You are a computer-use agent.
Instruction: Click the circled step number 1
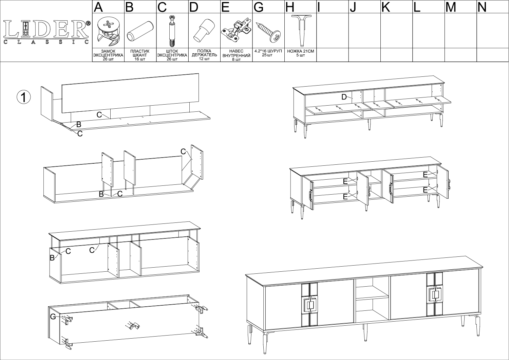click(x=24, y=97)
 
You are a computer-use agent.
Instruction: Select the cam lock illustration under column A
click(x=108, y=31)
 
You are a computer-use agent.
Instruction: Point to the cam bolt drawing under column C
click(x=172, y=31)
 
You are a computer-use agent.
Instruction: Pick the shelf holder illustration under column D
click(x=204, y=30)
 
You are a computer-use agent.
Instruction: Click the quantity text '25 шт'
click(x=268, y=55)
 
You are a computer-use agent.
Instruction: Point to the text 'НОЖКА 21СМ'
click(x=300, y=51)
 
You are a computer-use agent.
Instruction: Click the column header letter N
click(x=482, y=7)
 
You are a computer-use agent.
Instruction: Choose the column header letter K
click(x=385, y=7)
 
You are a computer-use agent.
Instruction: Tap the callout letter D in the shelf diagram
click(x=344, y=97)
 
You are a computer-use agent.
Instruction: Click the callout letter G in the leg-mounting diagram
click(x=53, y=317)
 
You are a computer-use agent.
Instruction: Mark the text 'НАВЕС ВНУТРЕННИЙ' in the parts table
click(x=236, y=53)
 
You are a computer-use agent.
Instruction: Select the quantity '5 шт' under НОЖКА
click(x=300, y=55)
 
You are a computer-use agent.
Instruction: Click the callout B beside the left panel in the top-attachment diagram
click(x=52, y=258)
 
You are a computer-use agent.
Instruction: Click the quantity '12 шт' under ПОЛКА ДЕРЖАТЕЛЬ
click(x=204, y=59)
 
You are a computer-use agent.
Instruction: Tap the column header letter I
click(x=319, y=7)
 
